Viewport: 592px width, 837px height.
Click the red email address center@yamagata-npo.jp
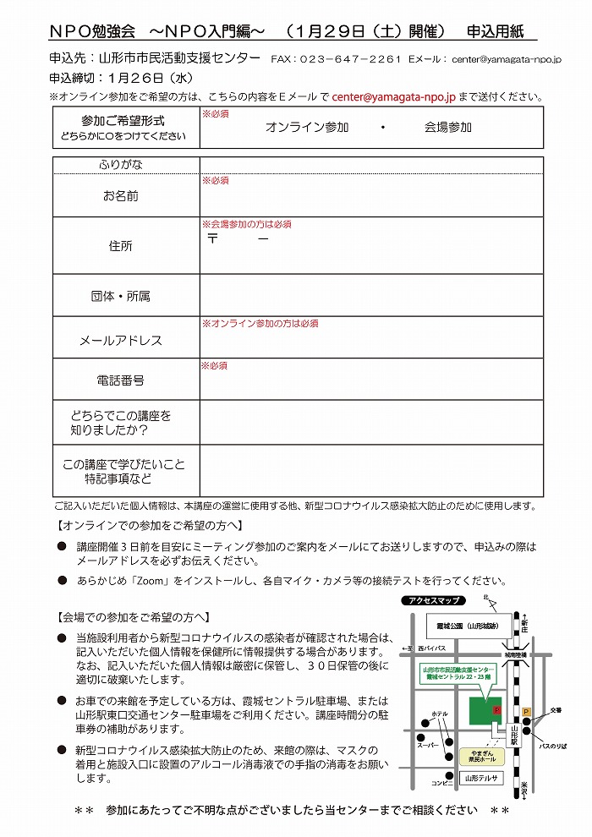pyautogui.click(x=393, y=97)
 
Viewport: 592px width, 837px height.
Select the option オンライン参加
pyautogui.click(x=307, y=128)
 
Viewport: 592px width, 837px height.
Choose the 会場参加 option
pyautogui.click(x=448, y=128)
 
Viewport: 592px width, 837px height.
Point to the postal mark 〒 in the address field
pyautogui.click(x=213, y=239)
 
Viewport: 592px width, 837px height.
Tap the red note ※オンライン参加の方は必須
pyautogui.click(x=259, y=324)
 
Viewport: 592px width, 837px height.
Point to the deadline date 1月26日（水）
pyautogui.click(x=159, y=79)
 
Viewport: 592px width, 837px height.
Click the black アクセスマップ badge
pyautogui.click(x=434, y=600)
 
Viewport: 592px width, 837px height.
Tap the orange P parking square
pyautogui.click(x=526, y=713)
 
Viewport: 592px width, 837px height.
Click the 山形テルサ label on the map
pyautogui.click(x=482, y=778)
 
